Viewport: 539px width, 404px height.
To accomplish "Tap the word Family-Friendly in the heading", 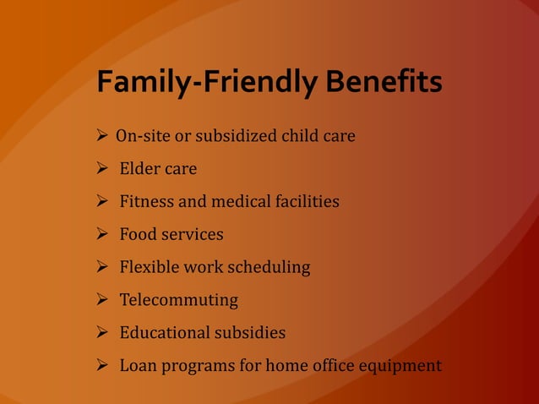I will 207,84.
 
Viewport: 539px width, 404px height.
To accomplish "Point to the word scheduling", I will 269,268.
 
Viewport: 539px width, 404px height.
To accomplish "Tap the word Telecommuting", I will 178,301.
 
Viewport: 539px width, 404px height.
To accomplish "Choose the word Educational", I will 162,333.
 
